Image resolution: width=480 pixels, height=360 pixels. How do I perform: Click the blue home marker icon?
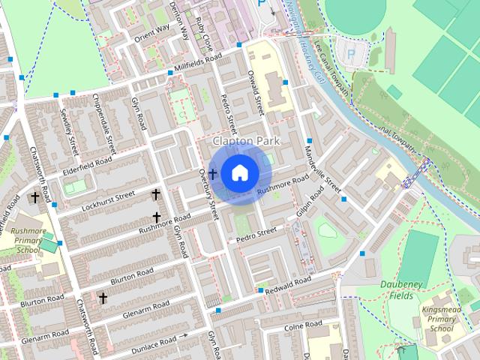tap(239, 172)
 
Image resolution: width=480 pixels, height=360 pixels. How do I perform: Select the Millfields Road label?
tap(197, 64)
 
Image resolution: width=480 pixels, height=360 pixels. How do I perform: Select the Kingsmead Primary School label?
tap(442, 318)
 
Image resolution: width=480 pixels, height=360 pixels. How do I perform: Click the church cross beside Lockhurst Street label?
tap(156, 194)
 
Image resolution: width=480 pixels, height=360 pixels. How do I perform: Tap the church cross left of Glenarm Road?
tap(103, 298)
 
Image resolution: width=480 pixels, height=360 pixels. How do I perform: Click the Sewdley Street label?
tap(70, 127)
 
